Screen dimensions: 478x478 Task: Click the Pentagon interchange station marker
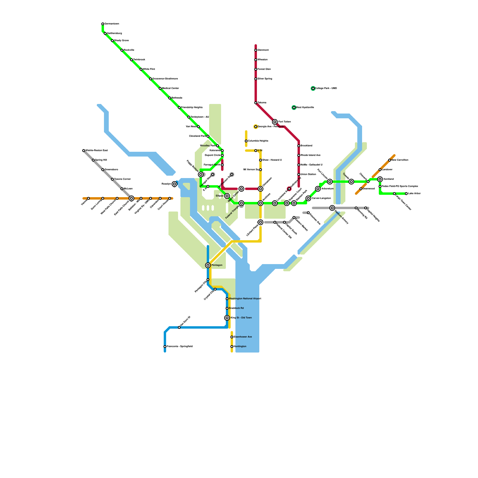click(x=208, y=265)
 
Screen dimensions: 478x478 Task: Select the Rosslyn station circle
click(x=174, y=184)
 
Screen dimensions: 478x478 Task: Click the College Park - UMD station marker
click(x=313, y=88)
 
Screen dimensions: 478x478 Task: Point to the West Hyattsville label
click(x=305, y=108)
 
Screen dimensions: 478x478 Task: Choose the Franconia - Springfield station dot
click(x=165, y=347)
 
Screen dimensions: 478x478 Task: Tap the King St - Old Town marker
click(x=227, y=318)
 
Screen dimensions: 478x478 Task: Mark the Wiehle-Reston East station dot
click(x=84, y=151)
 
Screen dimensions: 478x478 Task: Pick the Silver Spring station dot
click(x=256, y=79)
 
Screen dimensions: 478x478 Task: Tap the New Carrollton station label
click(x=400, y=160)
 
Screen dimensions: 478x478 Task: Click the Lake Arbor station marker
click(x=406, y=194)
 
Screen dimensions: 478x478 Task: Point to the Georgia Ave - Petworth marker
click(x=256, y=127)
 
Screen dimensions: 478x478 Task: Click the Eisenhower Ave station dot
click(x=232, y=337)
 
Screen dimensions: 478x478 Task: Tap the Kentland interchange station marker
click(x=380, y=179)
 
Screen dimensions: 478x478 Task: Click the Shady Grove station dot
click(x=112, y=41)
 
